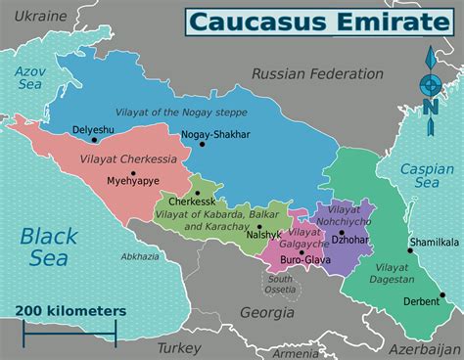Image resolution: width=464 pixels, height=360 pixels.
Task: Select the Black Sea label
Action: (x=48, y=246)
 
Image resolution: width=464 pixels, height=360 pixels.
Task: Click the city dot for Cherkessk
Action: (x=198, y=193)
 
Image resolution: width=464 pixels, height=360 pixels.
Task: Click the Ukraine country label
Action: (x=39, y=17)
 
